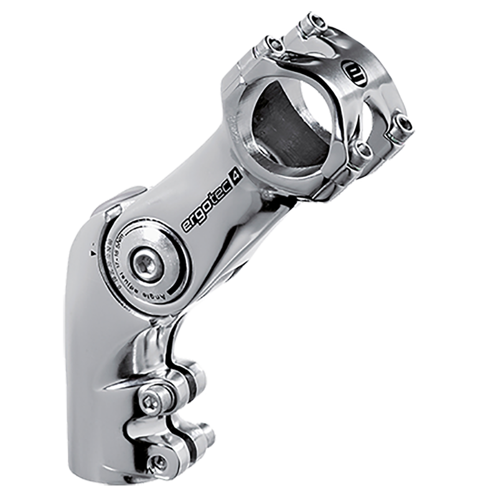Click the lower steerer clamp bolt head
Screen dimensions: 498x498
[x=159, y=461]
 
